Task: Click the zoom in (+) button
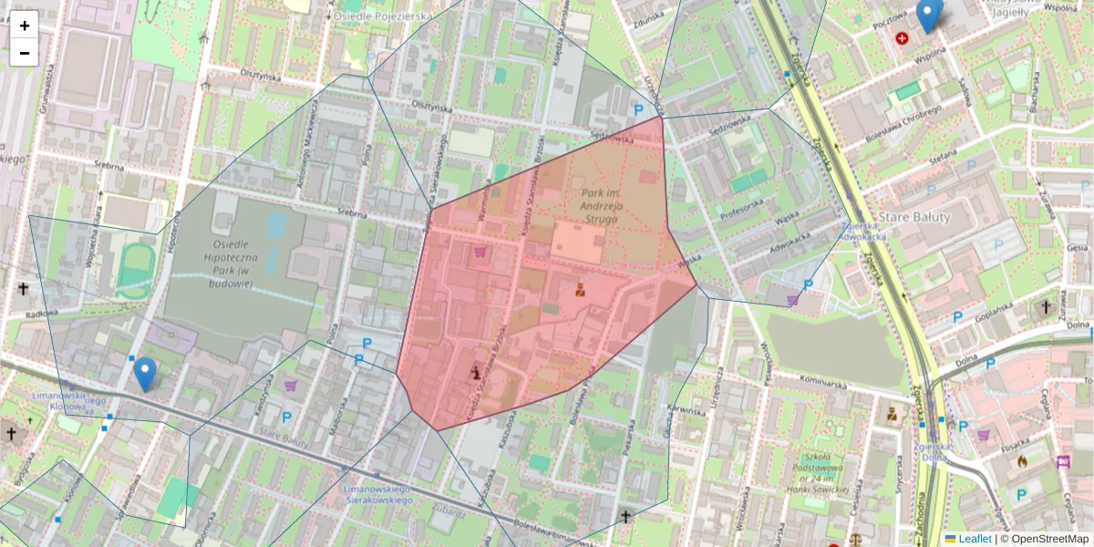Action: click(25, 26)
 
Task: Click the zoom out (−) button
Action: click(25, 53)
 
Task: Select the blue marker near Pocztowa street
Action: click(928, 15)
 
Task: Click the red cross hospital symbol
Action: click(903, 38)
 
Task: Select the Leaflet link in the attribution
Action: click(974, 539)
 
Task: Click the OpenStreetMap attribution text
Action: click(1044, 539)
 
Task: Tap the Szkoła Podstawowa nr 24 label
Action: click(828, 474)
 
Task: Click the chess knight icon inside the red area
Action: click(475, 372)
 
